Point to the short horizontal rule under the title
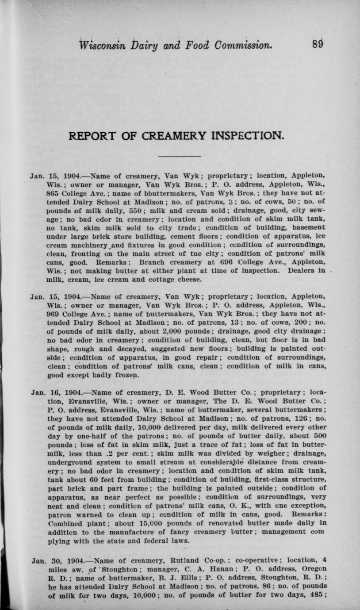click(180, 156)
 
